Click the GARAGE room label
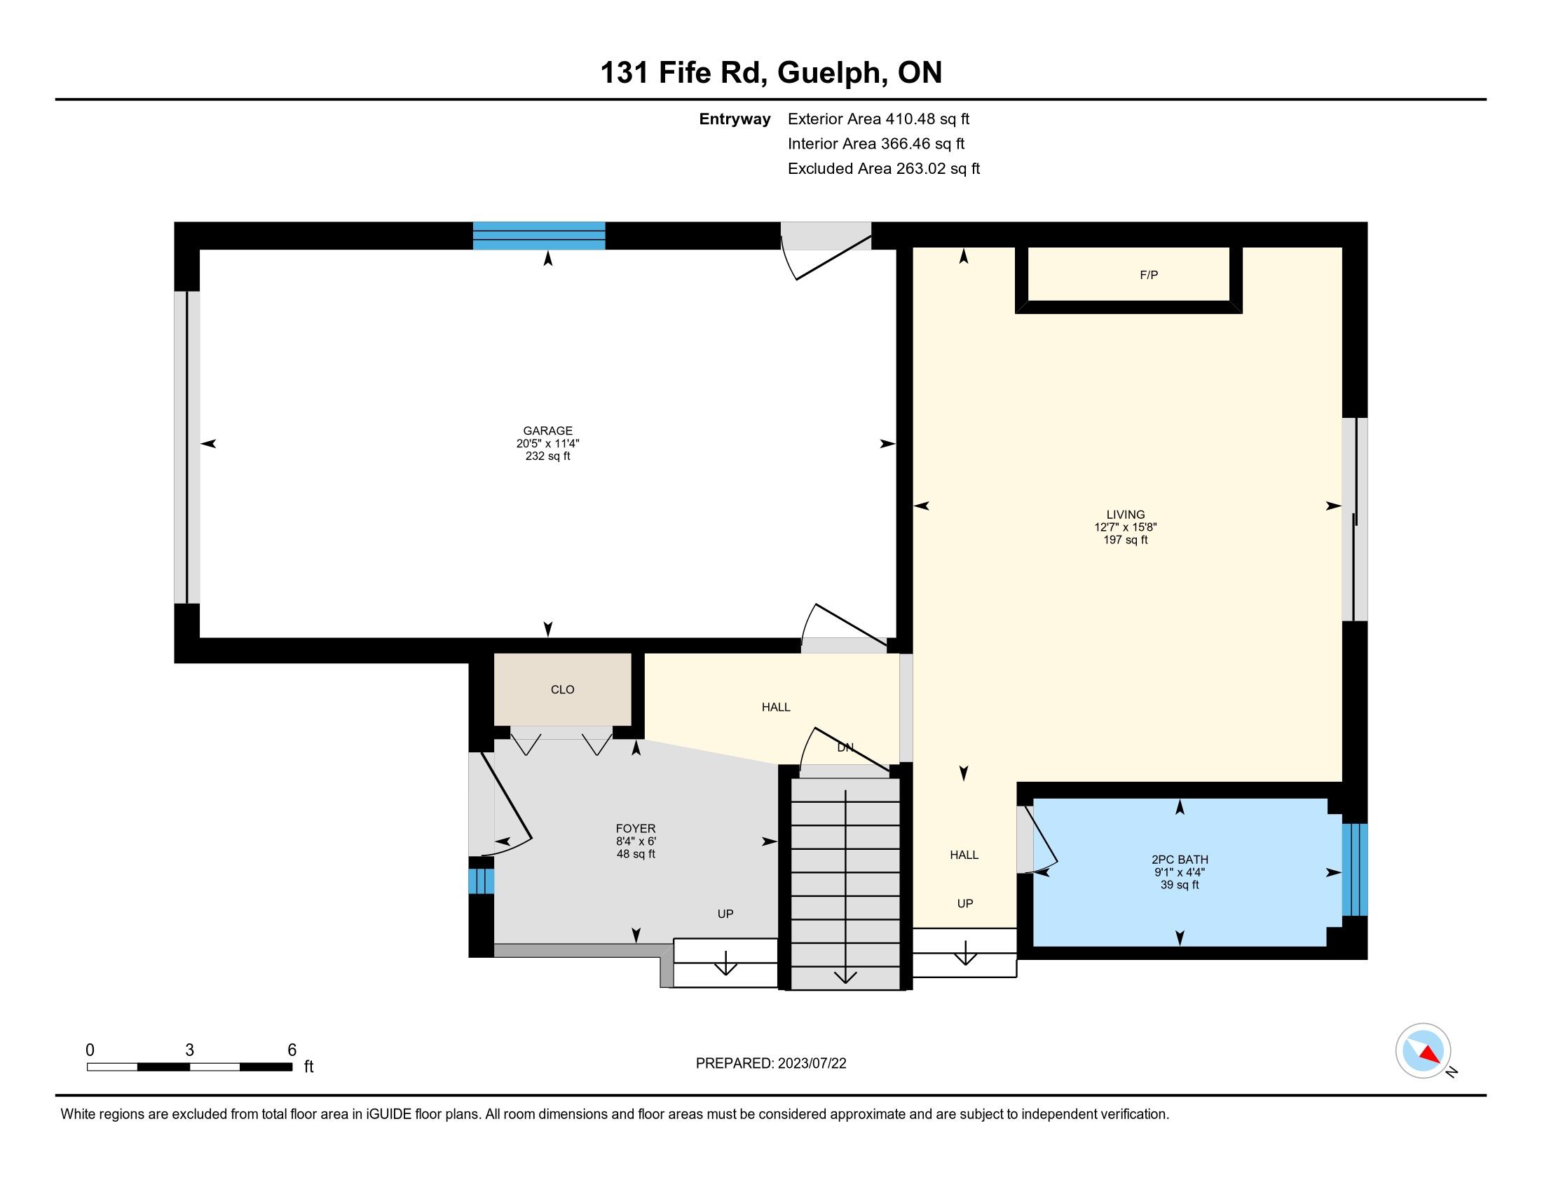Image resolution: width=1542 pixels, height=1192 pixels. pyautogui.click(x=547, y=431)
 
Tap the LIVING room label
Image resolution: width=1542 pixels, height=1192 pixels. pyautogui.click(x=1126, y=515)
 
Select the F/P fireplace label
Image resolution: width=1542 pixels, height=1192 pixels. pyautogui.click(x=1149, y=275)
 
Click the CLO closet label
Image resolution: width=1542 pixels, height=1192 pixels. pyautogui.click(x=563, y=689)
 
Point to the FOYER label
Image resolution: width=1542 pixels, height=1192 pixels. pyautogui.click(x=636, y=828)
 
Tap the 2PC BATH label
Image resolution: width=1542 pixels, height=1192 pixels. pyautogui.click(x=1180, y=860)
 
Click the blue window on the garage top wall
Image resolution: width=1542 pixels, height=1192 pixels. pyautogui.click(x=539, y=236)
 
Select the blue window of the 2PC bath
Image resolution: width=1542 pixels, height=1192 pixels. pyautogui.click(x=1354, y=869)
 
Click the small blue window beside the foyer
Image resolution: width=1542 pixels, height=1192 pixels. pyautogui.click(x=481, y=881)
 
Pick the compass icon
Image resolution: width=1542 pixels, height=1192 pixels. pyautogui.click(x=1423, y=1051)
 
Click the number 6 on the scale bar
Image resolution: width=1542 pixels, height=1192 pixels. pyautogui.click(x=292, y=1050)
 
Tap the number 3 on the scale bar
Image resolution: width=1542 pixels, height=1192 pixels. pyautogui.click(x=189, y=1050)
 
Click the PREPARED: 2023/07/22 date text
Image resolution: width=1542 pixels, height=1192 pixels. pyautogui.click(x=771, y=1064)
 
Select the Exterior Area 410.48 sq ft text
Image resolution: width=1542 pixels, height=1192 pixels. pyautogui.click(x=878, y=118)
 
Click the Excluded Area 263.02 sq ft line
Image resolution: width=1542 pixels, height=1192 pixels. pyautogui.click(x=884, y=169)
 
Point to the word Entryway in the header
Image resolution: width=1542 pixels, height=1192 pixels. pyautogui.click(x=735, y=119)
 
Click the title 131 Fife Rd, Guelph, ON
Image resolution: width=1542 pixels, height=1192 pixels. pyautogui.click(x=771, y=73)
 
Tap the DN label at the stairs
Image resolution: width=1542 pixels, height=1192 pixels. pyautogui.click(x=845, y=747)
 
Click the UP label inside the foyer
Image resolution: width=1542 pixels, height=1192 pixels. pyautogui.click(x=725, y=914)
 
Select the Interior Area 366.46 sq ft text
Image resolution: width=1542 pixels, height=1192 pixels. pyautogui.click(x=876, y=144)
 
